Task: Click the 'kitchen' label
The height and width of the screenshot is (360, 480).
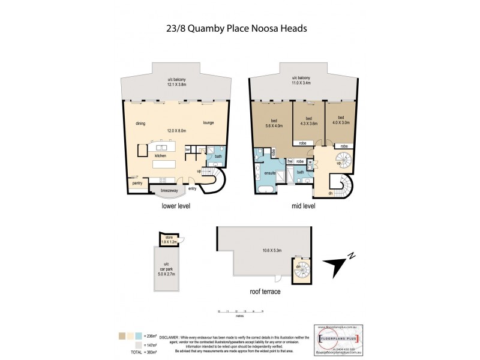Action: click(160, 155)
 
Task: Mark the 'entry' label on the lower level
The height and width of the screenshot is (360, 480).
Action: click(193, 188)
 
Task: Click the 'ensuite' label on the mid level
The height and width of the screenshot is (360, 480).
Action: click(270, 173)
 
